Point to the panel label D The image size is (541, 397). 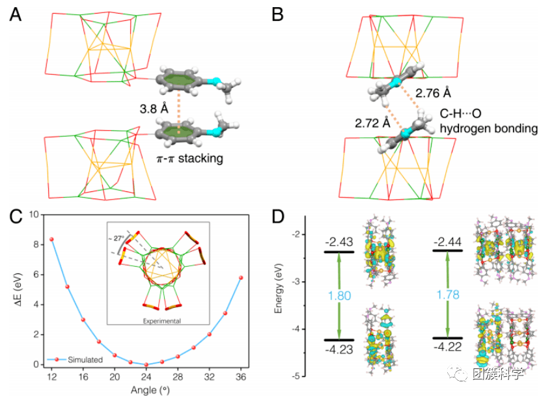pos(279,217)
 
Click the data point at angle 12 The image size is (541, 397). pos(51,239)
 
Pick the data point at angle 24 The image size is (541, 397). pos(146,364)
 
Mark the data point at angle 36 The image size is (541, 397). pos(241,277)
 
